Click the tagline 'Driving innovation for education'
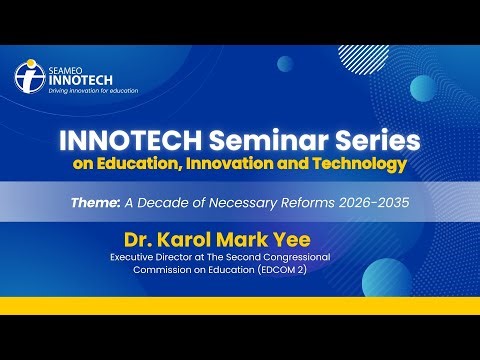(x=92, y=90)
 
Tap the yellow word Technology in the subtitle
(x=357, y=162)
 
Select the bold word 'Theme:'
(x=96, y=201)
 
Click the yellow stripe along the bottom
(x=240, y=305)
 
